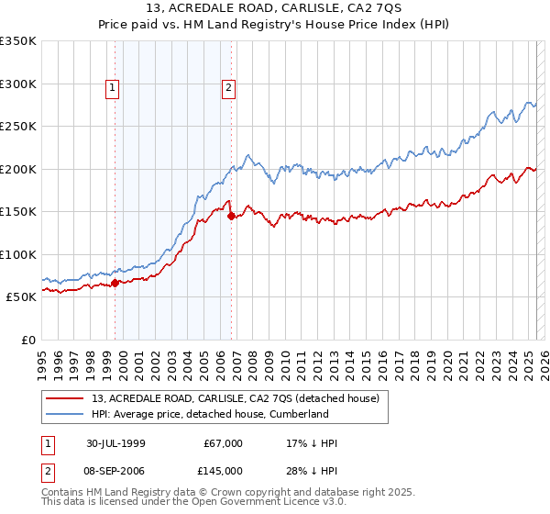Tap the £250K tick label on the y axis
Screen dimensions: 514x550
tap(18, 126)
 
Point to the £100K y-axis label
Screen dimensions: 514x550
tap(18, 254)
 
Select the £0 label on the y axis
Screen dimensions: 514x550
tap(28, 340)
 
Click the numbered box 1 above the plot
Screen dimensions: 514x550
tap(112, 88)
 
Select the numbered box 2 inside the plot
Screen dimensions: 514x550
tap(228, 88)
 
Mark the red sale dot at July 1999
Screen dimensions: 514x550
tap(115, 283)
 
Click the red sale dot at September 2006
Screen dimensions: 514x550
tap(231, 216)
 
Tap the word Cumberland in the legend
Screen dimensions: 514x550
tap(298, 414)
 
